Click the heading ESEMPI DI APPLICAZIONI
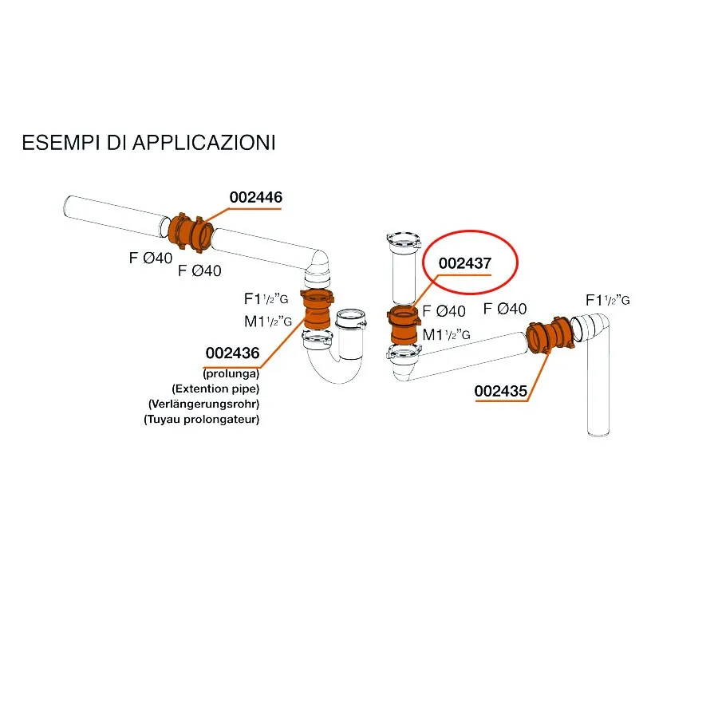pos(149,143)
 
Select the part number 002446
pos(256,197)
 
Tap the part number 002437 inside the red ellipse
pos(465,263)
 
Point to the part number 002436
pos(233,353)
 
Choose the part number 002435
pos(500,391)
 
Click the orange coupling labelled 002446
pos(190,233)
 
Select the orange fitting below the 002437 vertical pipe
pos(404,325)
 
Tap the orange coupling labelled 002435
pos(550,335)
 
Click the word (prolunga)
pos(231,373)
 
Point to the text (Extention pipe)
pos(215,389)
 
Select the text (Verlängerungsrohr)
pos(203,404)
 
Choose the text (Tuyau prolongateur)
pos(202,419)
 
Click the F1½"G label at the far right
pos(608,301)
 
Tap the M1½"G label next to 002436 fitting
pos(268,322)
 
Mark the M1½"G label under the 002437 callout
pos(446,335)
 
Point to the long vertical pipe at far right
pos(598,385)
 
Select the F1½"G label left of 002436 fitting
pos(266,299)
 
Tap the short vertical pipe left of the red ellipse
pos(404,270)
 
